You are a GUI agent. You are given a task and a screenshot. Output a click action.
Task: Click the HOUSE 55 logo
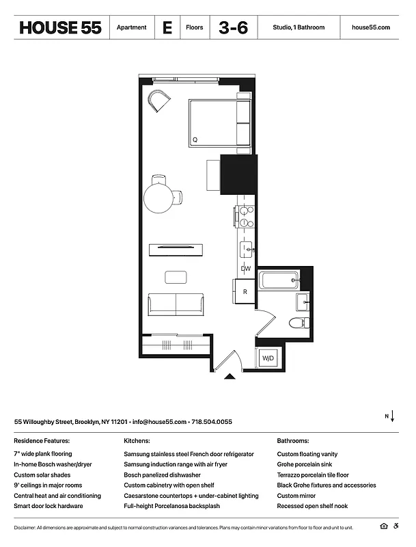pyautogui.click(x=60, y=27)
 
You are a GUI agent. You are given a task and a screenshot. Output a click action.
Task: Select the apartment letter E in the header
pyautogui.click(x=167, y=27)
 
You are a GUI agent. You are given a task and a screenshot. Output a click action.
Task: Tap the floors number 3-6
pyautogui.click(x=233, y=27)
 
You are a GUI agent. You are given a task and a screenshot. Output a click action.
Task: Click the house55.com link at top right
pyautogui.click(x=370, y=27)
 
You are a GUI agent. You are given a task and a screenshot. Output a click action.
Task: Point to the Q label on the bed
pyautogui.click(x=195, y=139)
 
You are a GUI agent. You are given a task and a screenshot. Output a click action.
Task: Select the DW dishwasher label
pyautogui.click(x=245, y=269)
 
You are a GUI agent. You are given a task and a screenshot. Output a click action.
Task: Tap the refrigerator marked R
pyautogui.click(x=245, y=291)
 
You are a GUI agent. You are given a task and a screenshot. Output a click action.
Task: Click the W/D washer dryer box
pyautogui.click(x=267, y=358)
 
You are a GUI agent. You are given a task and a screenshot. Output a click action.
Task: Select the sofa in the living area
pyautogui.click(x=176, y=304)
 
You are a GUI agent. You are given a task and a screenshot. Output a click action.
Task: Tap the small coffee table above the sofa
pyautogui.click(x=176, y=277)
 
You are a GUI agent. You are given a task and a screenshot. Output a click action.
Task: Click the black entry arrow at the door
pyautogui.click(x=230, y=375)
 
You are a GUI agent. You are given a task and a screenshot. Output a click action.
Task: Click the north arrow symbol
pyautogui.click(x=390, y=416)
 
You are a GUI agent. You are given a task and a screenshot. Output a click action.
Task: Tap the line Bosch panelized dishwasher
pyautogui.click(x=162, y=475)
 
